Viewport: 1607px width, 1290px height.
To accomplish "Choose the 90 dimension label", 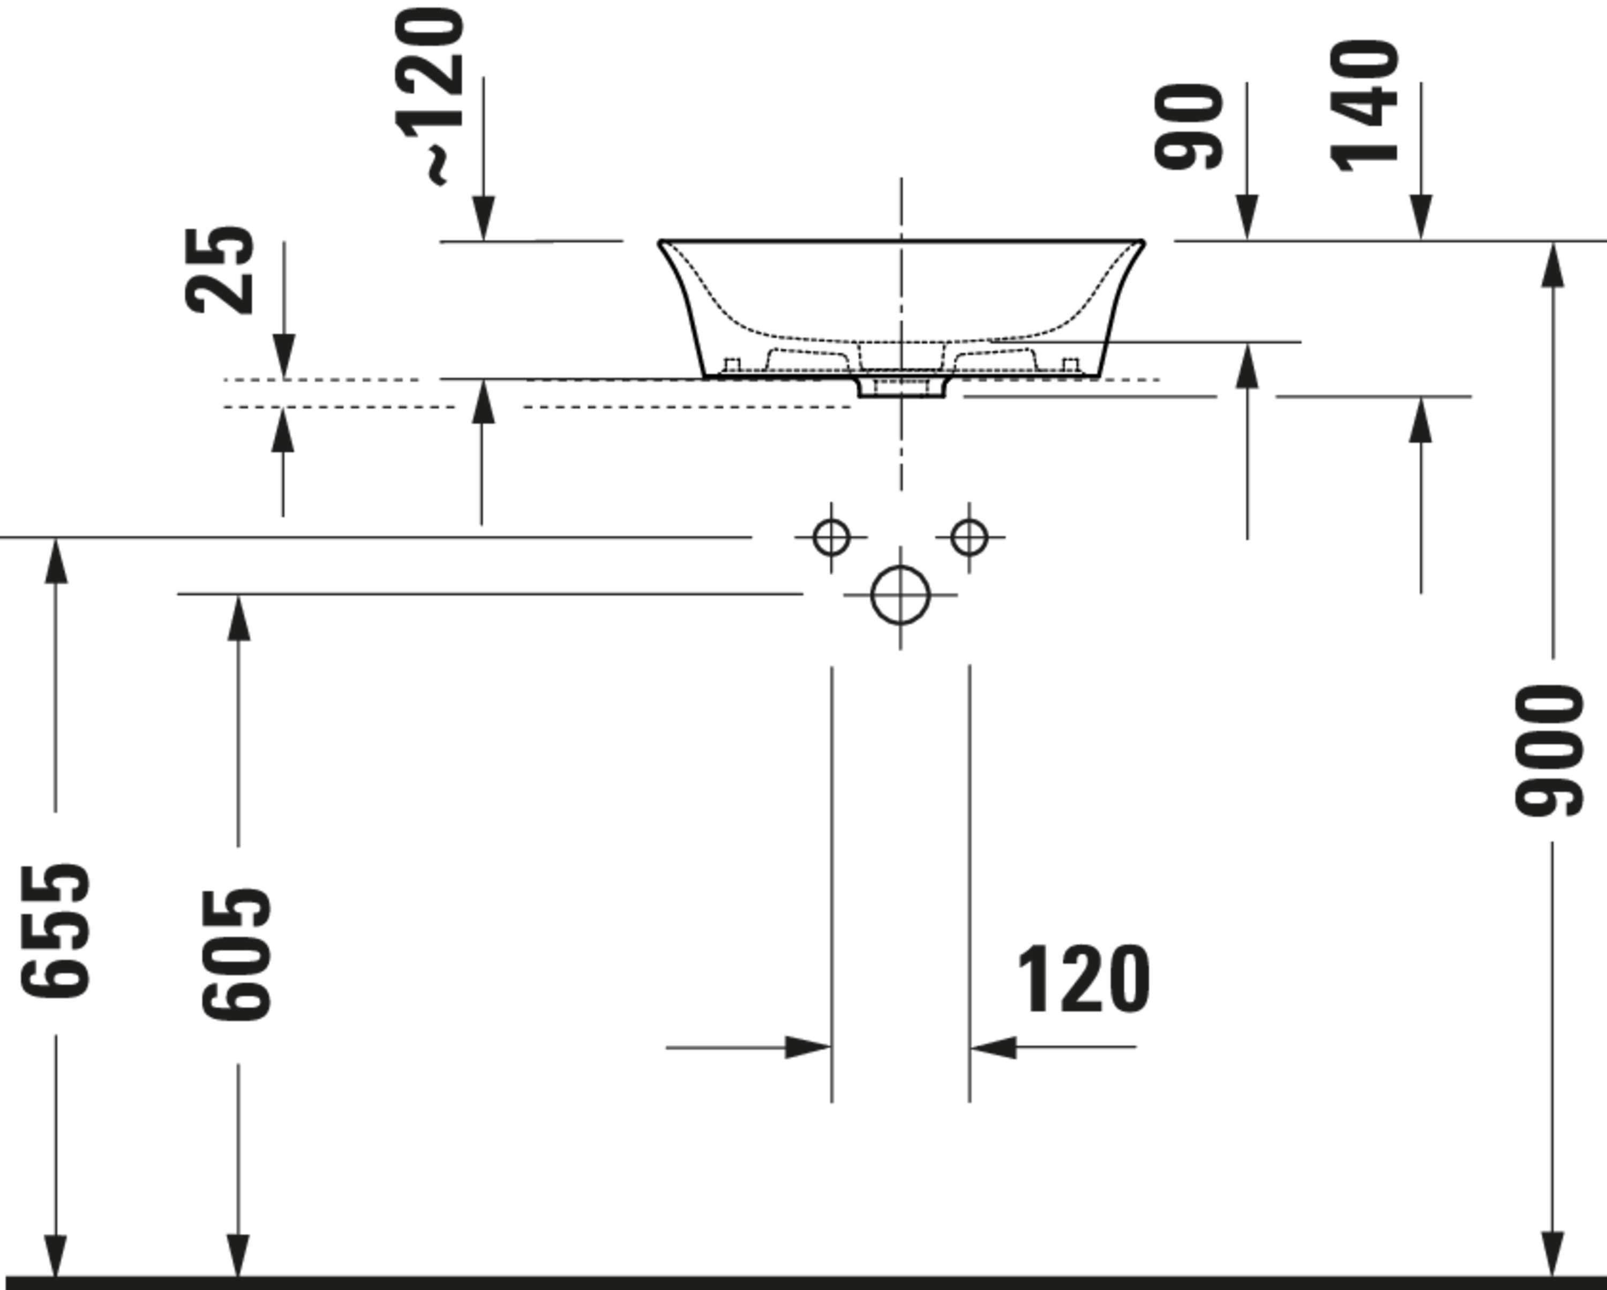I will click(1190, 127).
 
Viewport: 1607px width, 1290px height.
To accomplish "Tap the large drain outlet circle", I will click(900, 595).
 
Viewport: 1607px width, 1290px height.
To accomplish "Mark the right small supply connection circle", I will click(969, 537).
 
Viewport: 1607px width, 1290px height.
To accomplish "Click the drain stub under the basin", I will click(902, 388).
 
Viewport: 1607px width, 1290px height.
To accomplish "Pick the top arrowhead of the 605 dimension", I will click(238, 617).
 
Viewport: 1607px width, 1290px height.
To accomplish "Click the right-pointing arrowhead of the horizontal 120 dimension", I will click(808, 1047).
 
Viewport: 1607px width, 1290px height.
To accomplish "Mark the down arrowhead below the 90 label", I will click(1247, 217).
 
